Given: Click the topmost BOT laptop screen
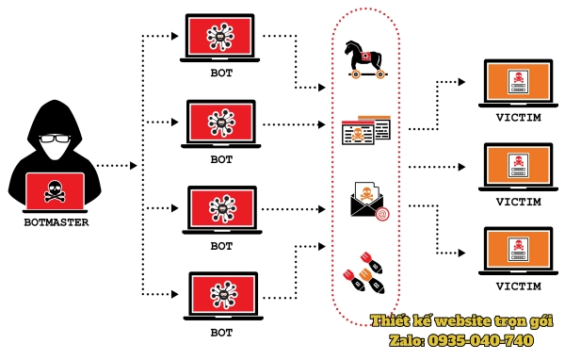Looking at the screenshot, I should pos(222,38).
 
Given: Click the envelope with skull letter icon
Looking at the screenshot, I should pos(366,201).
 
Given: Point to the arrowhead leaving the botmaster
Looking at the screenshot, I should pos(132,167).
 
